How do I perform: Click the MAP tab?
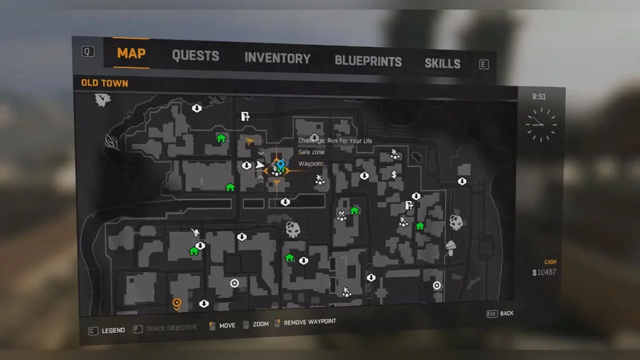(131, 53)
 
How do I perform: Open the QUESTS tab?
(195, 55)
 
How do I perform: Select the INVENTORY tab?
(277, 58)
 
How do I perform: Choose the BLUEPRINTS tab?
(368, 61)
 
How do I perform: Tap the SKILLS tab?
(442, 63)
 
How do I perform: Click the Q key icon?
(88, 51)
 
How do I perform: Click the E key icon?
(484, 65)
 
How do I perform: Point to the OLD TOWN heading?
(105, 83)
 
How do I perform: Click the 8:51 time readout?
(539, 97)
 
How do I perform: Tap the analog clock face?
(541, 124)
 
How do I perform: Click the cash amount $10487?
(544, 273)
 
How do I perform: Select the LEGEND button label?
(113, 331)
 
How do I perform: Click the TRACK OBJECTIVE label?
(171, 328)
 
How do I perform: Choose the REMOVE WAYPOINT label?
(309, 322)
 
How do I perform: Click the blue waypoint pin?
(281, 164)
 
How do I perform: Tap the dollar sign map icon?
(394, 174)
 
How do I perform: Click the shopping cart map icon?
(195, 233)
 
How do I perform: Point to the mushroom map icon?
(451, 246)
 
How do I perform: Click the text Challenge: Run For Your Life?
(335, 141)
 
